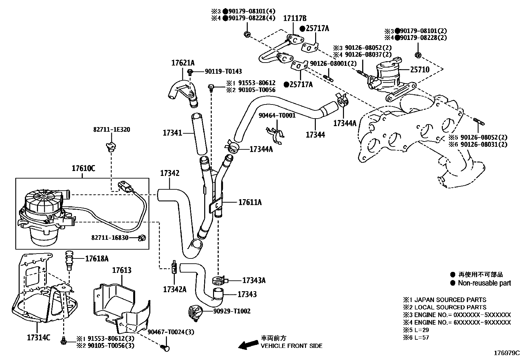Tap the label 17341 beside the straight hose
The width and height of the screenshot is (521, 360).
(x=172, y=133)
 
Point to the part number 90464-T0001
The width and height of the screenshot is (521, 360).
(x=277, y=115)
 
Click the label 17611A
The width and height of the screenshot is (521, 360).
(x=250, y=202)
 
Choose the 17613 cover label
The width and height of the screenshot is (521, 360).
(x=122, y=270)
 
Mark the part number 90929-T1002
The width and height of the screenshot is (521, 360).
(x=232, y=311)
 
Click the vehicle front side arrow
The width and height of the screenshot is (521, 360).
(x=247, y=344)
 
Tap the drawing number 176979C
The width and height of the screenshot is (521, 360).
(x=507, y=353)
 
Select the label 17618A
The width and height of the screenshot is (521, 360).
(x=97, y=259)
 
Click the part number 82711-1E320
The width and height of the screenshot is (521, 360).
(x=111, y=129)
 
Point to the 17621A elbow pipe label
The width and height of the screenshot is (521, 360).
(x=183, y=63)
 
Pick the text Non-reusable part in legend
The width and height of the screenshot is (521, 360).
(x=484, y=283)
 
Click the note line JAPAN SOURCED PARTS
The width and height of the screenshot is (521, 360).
(x=450, y=300)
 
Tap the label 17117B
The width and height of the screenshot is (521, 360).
(x=295, y=18)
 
